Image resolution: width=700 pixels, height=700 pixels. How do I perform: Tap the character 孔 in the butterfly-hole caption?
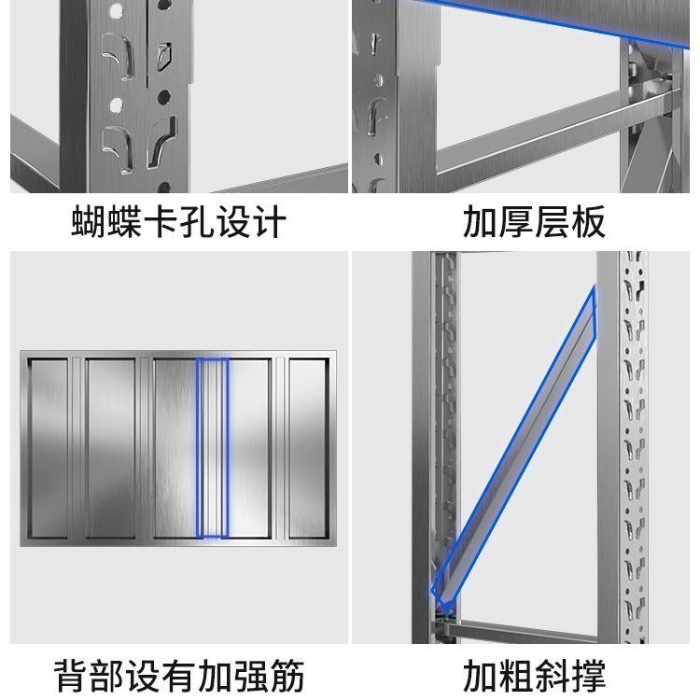point(196,221)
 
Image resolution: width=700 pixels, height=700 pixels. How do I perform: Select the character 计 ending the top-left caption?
point(268,221)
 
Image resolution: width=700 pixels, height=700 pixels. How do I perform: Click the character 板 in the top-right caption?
point(588,221)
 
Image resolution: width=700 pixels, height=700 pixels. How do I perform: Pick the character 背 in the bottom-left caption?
point(72,675)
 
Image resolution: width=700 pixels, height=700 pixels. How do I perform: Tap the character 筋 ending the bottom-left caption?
point(287,675)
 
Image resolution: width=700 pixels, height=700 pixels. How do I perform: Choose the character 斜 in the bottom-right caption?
point(552,675)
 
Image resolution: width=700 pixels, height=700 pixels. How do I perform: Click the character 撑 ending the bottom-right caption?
point(588,675)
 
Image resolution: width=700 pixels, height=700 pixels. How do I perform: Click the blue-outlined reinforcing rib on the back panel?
point(213,448)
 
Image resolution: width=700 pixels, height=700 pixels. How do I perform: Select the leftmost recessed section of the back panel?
point(48,448)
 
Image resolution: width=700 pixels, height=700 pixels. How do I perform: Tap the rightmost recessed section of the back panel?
point(309,448)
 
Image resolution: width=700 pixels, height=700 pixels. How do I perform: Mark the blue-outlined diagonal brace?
point(513,449)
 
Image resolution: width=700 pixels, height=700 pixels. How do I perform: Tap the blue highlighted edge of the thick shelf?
point(549,23)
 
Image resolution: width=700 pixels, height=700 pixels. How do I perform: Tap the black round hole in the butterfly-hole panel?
point(164,96)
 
